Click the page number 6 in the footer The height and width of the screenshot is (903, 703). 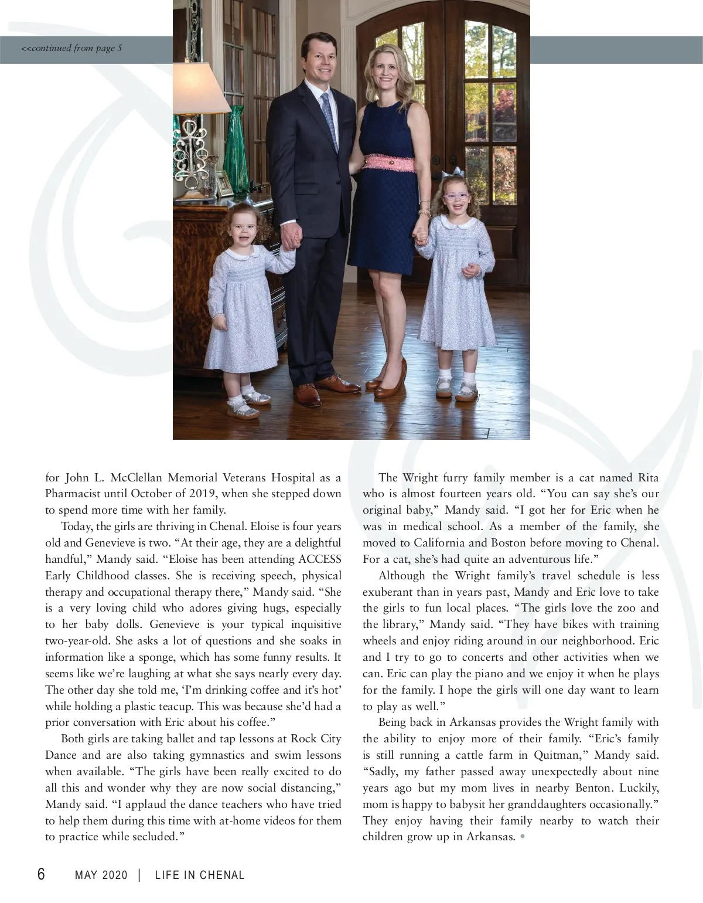tap(41, 874)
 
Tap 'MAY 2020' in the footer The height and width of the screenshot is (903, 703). tap(101, 875)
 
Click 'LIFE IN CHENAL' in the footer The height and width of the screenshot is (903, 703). tap(200, 875)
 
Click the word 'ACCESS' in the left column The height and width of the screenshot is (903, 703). tap(320, 559)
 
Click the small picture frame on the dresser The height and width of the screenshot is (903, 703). tap(224, 184)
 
